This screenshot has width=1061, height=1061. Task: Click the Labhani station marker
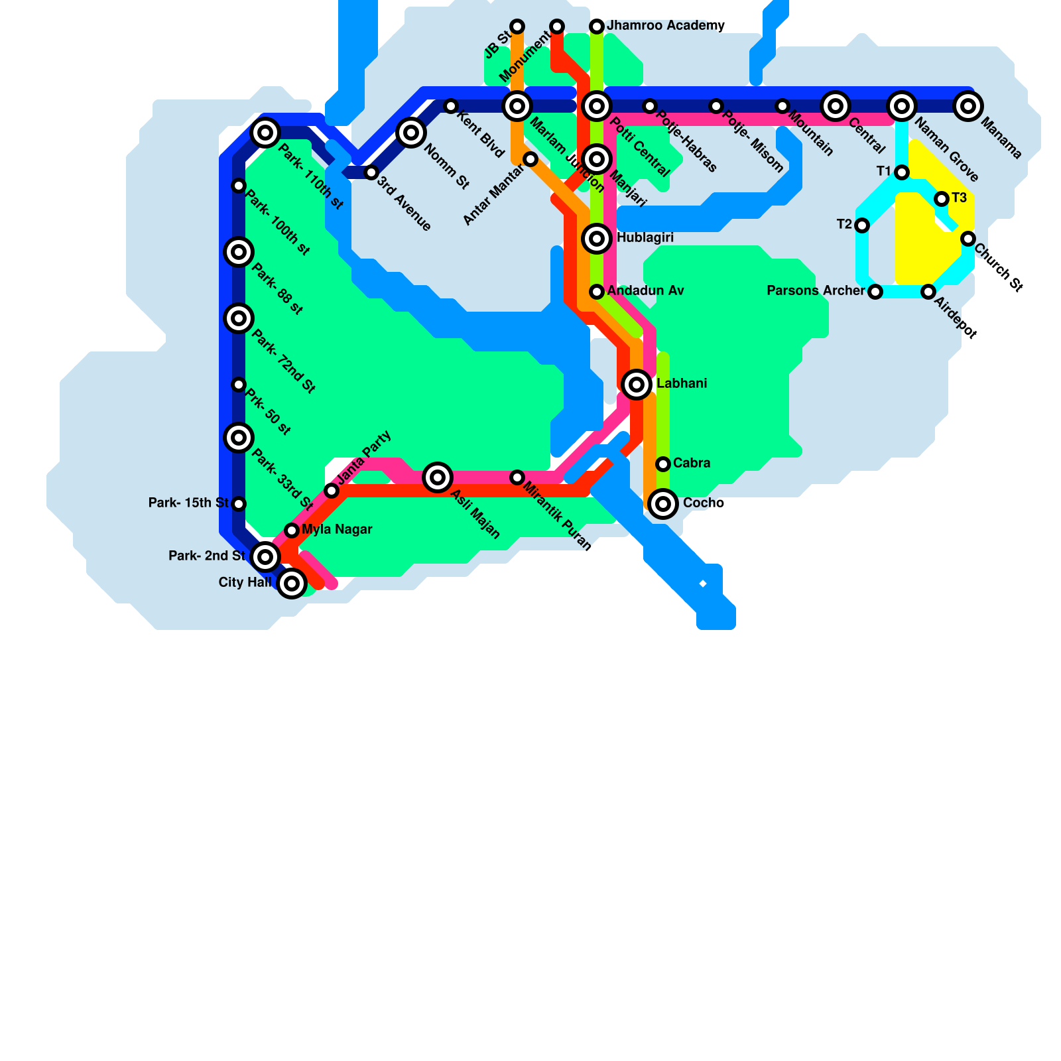[637, 384]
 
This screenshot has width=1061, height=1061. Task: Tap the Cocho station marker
[663, 504]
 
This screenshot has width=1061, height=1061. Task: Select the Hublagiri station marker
[597, 238]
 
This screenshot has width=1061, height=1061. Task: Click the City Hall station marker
[292, 584]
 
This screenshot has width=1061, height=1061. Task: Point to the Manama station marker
[968, 105]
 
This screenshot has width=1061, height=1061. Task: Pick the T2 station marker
[862, 225]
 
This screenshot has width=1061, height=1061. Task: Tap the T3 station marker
[942, 199]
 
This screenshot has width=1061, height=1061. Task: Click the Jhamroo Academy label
[666, 26]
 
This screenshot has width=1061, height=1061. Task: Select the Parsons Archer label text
[816, 290]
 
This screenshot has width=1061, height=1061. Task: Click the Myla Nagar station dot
[292, 530]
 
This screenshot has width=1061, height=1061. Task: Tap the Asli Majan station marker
[438, 477]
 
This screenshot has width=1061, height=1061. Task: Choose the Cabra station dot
[663, 464]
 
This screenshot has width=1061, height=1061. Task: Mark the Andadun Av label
[645, 290]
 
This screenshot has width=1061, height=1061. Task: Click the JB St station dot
[517, 27]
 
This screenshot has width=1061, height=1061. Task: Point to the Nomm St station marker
[411, 133]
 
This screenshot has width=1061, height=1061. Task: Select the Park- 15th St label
[188, 503]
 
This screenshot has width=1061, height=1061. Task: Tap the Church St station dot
[968, 239]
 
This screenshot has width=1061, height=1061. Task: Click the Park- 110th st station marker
[265, 133]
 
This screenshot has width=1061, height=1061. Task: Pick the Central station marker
[836, 105]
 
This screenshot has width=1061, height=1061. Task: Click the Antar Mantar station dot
[530, 159]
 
